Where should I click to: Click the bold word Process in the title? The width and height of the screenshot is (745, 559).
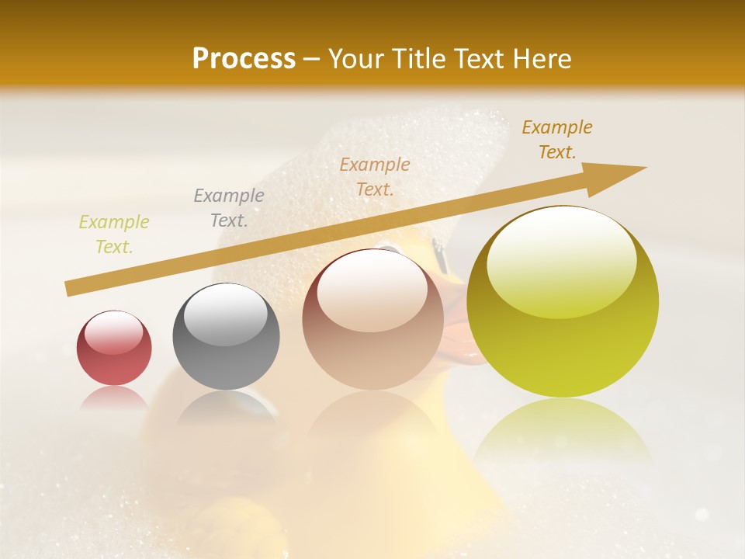coord(244,58)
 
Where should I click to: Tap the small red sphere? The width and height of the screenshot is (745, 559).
coord(114,348)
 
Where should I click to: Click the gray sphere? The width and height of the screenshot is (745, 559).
coord(226,336)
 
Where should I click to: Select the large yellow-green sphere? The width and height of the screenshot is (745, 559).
coord(563,303)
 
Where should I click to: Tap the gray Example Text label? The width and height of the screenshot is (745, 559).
coord(228,208)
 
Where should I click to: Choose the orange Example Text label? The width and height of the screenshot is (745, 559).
coord(375,176)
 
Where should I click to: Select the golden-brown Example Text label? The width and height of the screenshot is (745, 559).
coord(557,140)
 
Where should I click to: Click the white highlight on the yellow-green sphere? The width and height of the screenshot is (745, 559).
coord(561,262)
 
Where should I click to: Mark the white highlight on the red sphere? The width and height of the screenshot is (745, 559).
coord(114,332)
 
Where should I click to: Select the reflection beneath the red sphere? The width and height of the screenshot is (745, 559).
coord(114,398)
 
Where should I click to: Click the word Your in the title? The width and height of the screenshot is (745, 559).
coord(358,58)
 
